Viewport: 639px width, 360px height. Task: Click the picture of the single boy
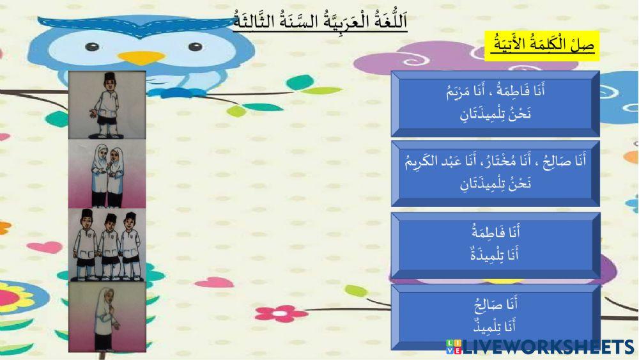pos(107,105)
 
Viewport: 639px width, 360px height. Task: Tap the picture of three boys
pos(107,244)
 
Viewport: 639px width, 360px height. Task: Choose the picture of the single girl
pos(107,316)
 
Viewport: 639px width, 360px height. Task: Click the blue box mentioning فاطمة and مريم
pos(495,104)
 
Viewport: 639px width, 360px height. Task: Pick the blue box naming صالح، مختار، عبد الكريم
pos(495,173)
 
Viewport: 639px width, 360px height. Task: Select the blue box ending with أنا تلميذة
pos(495,246)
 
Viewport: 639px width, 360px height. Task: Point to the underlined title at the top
pos(319,20)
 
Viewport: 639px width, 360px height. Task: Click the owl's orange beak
pos(141,58)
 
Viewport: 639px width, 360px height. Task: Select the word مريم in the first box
pos(462,92)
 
